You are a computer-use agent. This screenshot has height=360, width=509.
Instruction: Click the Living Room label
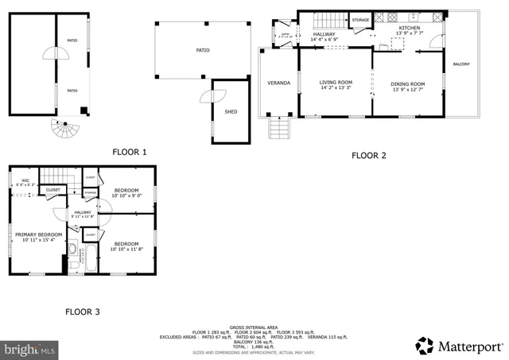pyautogui.click(x=336, y=83)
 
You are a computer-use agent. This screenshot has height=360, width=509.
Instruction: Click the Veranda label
pyautogui.click(x=278, y=83)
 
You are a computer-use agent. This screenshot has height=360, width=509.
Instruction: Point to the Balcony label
pyautogui.click(x=461, y=64)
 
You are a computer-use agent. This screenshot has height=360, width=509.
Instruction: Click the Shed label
pyautogui.click(x=231, y=111)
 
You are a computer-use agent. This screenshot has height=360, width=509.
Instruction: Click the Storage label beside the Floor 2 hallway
pyautogui.click(x=360, y=20)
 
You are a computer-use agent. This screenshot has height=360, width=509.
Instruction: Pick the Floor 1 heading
pyautogui.click(x=130, y=152)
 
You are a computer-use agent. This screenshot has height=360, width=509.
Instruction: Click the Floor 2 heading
pyautogui.click(x=368, y=155)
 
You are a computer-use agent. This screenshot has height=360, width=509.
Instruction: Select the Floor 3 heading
pyautogui.click(x=82, y=312)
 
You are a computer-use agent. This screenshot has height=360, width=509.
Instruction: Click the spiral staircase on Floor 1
pyautogui.click(x=60, y=126)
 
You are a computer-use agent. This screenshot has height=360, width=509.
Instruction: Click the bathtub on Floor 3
pyautogui.click(x=90, y=258)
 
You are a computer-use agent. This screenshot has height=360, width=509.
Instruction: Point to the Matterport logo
pyautogui.click(x=460, y=346)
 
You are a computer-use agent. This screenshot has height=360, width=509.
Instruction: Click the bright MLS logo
pyautogui.click(x=29, y=348)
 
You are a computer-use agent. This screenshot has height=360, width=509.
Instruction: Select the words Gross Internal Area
pyautogui.click(x=254, y=327)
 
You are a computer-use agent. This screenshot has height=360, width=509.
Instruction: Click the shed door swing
pyautogui.click(x=207, y=95)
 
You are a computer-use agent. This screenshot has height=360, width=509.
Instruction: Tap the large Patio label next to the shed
pyautogui.click(x=203, y=50)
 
